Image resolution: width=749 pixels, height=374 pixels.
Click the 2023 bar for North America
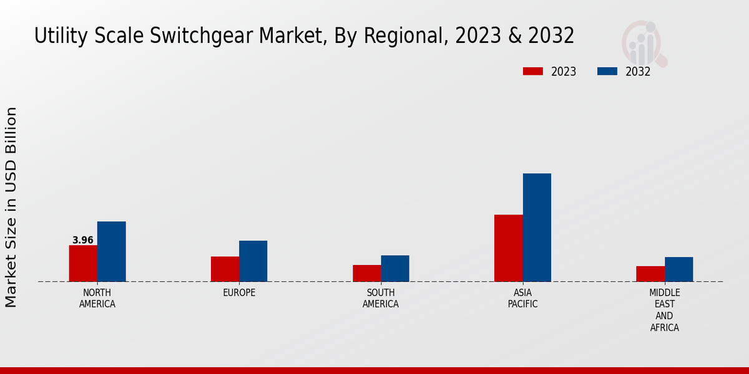(83, 263)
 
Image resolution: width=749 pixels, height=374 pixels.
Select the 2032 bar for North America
(111, 251)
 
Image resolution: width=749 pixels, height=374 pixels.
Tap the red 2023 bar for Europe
(225, 269)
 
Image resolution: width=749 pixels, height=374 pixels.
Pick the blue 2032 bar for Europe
(253, 261)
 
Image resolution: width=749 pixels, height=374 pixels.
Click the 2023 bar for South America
(366, 273)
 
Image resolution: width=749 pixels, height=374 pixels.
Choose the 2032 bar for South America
(395, 268)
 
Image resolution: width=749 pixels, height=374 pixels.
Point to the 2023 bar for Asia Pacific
(508, 247)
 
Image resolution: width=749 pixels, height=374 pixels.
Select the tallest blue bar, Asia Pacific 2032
(537, 227)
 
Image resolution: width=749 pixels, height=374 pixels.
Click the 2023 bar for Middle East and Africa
(650, 274)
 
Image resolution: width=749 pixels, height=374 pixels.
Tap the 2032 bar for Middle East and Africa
(678, 269)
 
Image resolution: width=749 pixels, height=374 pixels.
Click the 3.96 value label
(83, 240)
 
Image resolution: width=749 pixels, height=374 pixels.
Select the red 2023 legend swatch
(532, 71)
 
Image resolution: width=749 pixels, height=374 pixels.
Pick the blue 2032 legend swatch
(607, 71)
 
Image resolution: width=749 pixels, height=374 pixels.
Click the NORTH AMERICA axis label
(97, 298)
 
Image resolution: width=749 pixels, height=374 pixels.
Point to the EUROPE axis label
(239, 292)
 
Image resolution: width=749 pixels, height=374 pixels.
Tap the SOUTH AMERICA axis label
(381, 298)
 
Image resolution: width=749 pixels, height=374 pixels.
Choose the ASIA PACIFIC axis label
(522, 298)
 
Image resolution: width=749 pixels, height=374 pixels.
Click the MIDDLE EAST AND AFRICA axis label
(665, 310)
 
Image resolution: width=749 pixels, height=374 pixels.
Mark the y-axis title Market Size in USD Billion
(11, 207)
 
